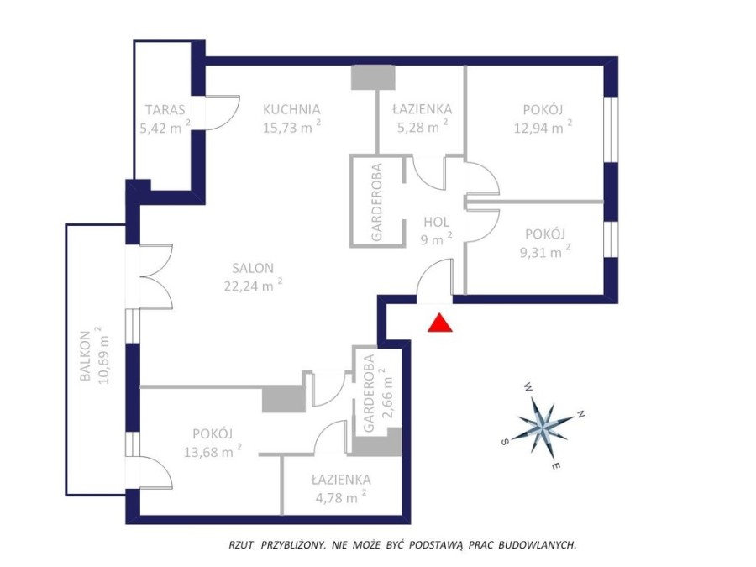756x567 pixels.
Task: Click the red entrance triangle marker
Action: [438, 323]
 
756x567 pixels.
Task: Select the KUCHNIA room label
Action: [291, 108]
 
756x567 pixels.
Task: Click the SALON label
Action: [254, 268]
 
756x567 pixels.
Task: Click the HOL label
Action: [436, 223]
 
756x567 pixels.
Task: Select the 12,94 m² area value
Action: [543, 128]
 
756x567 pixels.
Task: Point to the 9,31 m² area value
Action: [543, 249]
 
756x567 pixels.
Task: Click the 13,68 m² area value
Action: [213, 452]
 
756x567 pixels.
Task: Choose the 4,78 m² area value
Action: [339, 497]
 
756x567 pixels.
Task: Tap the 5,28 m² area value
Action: [422, 128]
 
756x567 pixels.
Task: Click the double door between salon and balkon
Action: [151, 277]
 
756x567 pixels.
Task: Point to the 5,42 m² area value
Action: [164, 128]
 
